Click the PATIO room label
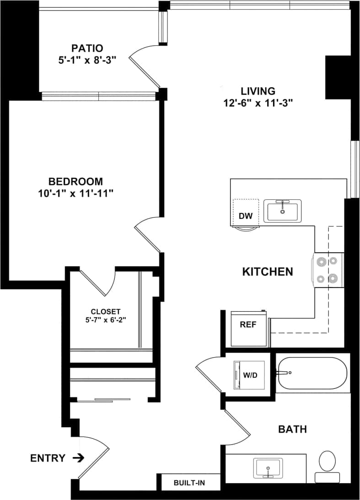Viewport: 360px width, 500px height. [x=87, y=48]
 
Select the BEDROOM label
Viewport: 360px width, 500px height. [x=76, y=181]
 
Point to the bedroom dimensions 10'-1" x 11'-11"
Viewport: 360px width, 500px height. [x=76, y=193]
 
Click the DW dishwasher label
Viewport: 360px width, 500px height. [x=246, y=216]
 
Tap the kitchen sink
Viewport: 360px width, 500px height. [x=282, y=211]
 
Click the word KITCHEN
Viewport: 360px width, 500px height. [x=267, y=272]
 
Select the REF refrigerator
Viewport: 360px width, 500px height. [x=247, y=325]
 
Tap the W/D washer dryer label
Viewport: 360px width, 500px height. [x=250, y=376]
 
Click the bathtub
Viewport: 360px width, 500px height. [x=312, y=372]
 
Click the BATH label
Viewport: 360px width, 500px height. [x=292, y=430]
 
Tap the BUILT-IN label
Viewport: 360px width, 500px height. [x=189, y=483]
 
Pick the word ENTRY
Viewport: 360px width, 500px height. [x=48, y=458]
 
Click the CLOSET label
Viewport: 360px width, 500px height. [x=105, y=311]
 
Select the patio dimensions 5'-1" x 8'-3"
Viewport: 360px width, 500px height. [x=87, y=59]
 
